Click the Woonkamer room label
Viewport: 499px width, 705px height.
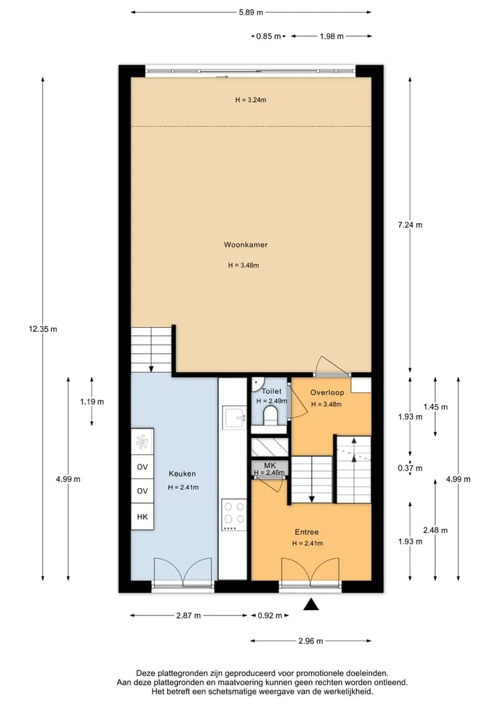(x=245, y=245)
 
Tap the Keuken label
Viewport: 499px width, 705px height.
(x=182, y=474)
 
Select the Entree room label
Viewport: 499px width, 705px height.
(x=306, y=532)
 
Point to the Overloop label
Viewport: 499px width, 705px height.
(x=327, y=392)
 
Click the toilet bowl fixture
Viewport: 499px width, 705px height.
(x=270, y=415)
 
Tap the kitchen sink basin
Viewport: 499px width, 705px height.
(x=234, y=418)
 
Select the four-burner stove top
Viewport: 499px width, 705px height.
(x=234, y=515)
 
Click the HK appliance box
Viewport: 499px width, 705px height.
(x=142, y=517)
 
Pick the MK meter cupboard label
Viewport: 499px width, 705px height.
(x=270, y=466)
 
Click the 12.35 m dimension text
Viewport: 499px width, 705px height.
(x=43, y=329)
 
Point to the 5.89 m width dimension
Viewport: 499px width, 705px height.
(x=251, y=12)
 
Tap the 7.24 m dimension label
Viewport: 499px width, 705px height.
(x=410, y=225)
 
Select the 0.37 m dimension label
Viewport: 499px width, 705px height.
(x=410, y=469)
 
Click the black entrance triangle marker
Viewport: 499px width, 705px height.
(x=310, y=604)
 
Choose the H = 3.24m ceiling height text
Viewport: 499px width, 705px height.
(x=250, y=100)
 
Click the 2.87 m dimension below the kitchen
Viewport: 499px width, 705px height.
(x=189, y=616)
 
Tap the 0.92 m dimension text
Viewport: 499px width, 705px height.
(x=270, y=616)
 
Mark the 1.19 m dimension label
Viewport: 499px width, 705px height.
(x=91, y=402)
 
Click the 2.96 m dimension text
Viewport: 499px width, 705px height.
(x=310, y=641)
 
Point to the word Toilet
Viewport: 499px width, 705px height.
(x=272, y=392)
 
